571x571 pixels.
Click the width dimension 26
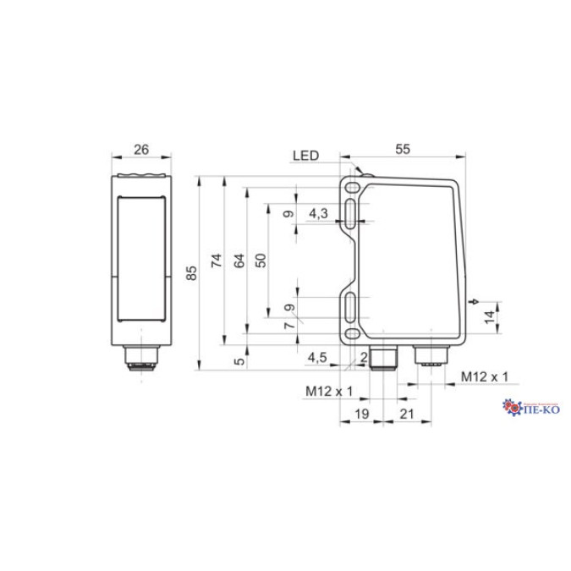coord(141,150)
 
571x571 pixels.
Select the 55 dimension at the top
coord(403,149)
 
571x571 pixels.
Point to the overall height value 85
coord(192,272)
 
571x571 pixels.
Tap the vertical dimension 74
coord(217,261)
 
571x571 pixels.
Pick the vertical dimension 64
coord(239,261)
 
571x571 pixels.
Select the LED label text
coord(305,156)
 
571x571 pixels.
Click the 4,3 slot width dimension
coord(318,213)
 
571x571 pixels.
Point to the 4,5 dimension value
coord(317,358)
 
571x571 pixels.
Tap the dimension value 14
coord(488,316)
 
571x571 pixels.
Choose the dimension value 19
coord(360,414)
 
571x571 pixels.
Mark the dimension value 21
coord(406,414)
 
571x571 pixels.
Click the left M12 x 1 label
coord(327,391)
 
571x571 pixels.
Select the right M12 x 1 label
coord(485,376)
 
